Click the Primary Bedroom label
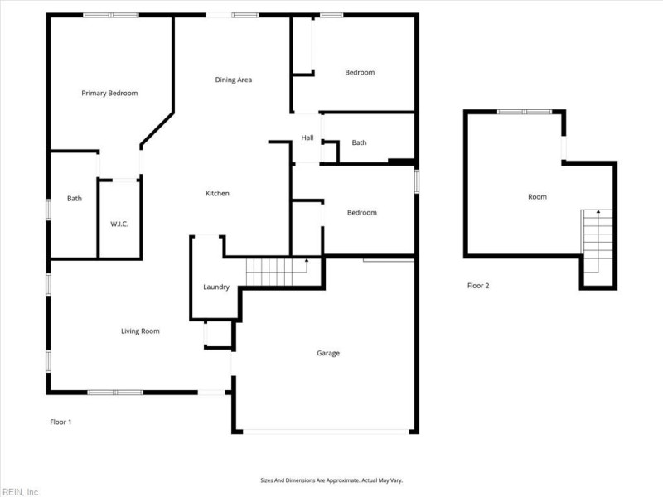109,94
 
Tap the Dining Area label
233,80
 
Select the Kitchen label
217,194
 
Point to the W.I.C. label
119,224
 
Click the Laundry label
215,287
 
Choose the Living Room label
140,331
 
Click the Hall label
307,138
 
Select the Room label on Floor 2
537,197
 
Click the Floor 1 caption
60,422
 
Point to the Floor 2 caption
478,286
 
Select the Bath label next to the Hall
359,143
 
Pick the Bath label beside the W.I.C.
75,199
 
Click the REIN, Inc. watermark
21,491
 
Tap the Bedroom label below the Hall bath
361,213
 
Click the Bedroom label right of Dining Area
360,73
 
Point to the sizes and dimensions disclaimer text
331,480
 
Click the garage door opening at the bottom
326,431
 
